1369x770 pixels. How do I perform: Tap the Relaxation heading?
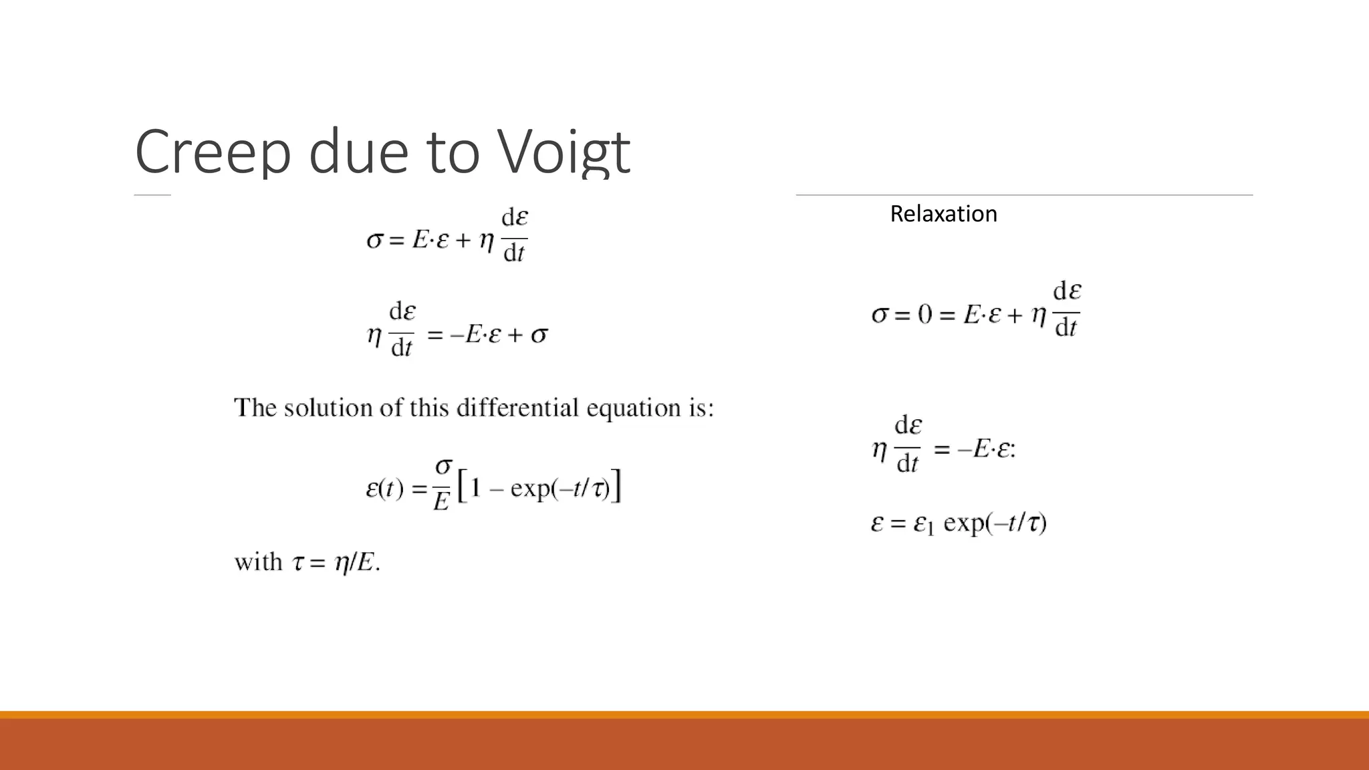point(943,214)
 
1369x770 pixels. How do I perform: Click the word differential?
point(517,408)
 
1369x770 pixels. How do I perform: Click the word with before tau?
point(258,562)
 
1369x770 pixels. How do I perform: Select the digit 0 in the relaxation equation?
point(924,313)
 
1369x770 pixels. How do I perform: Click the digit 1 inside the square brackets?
point(475,489)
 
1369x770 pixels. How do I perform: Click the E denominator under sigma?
point(441,501)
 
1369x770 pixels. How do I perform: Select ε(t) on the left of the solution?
point(384,489)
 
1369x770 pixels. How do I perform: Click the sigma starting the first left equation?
point(375,239)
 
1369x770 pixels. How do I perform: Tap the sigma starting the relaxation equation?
point(880,313)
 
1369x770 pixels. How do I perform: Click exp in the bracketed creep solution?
point(531,489)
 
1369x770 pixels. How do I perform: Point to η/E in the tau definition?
point(353,563)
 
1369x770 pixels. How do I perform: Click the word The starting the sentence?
point(255,408)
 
